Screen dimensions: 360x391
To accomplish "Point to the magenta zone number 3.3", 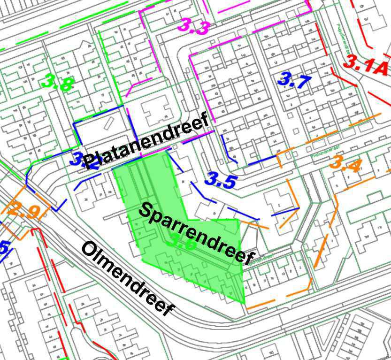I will pyautogui.click(x=193, y=26).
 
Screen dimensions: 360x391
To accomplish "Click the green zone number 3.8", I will pyautogui.click(x=57, y=83).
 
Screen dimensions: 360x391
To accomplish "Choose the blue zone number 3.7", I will pyautogui.click(x=294, y=80).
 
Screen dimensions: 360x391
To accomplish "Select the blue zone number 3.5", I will pyautogui.click(x=220, y=180).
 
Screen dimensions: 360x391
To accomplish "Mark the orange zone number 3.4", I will pyautogui.click(x=345, y=164).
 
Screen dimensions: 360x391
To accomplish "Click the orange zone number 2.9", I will pyautogui.click(x=23, y=211).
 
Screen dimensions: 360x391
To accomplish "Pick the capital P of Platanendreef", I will pyautogui.click(x=91, y=161).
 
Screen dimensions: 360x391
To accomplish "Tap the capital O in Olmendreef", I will pyautogui.click(x=90, y=249).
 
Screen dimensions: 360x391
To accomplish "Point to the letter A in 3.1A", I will pyautogui.click(x=380, y=69).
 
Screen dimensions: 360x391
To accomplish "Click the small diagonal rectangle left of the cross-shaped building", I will pyautogui.click(x=107, y=123).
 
